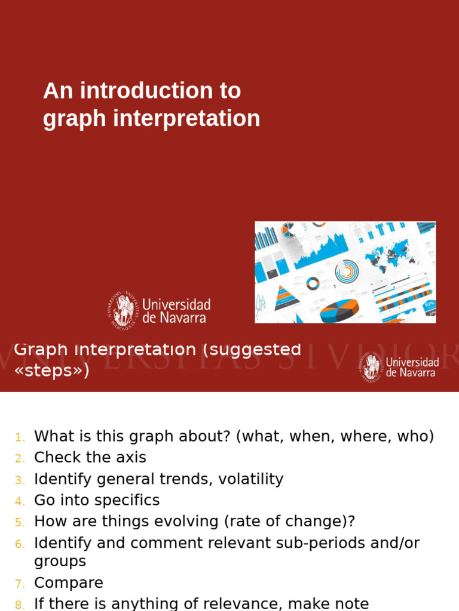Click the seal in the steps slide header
pyautogui.click(x=372, y=367)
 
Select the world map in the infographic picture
pyautogui.click(x=391, y=255)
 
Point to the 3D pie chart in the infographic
pyautogui.click(x=339, y=311)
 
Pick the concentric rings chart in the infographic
pyautogui.click(x=347, y=272)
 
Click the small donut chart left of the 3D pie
pyautogui.click(x=313, y=283)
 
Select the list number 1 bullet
pyautogui.click(x=20, y=437)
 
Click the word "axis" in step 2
pyautogui.click(x=131, y=458)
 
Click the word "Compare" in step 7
pyautogui.click(x=69, y=583)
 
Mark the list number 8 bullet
pyautogui.click(x=20, y=604)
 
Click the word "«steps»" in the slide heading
pyautogui.click(x=51, y=371)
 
